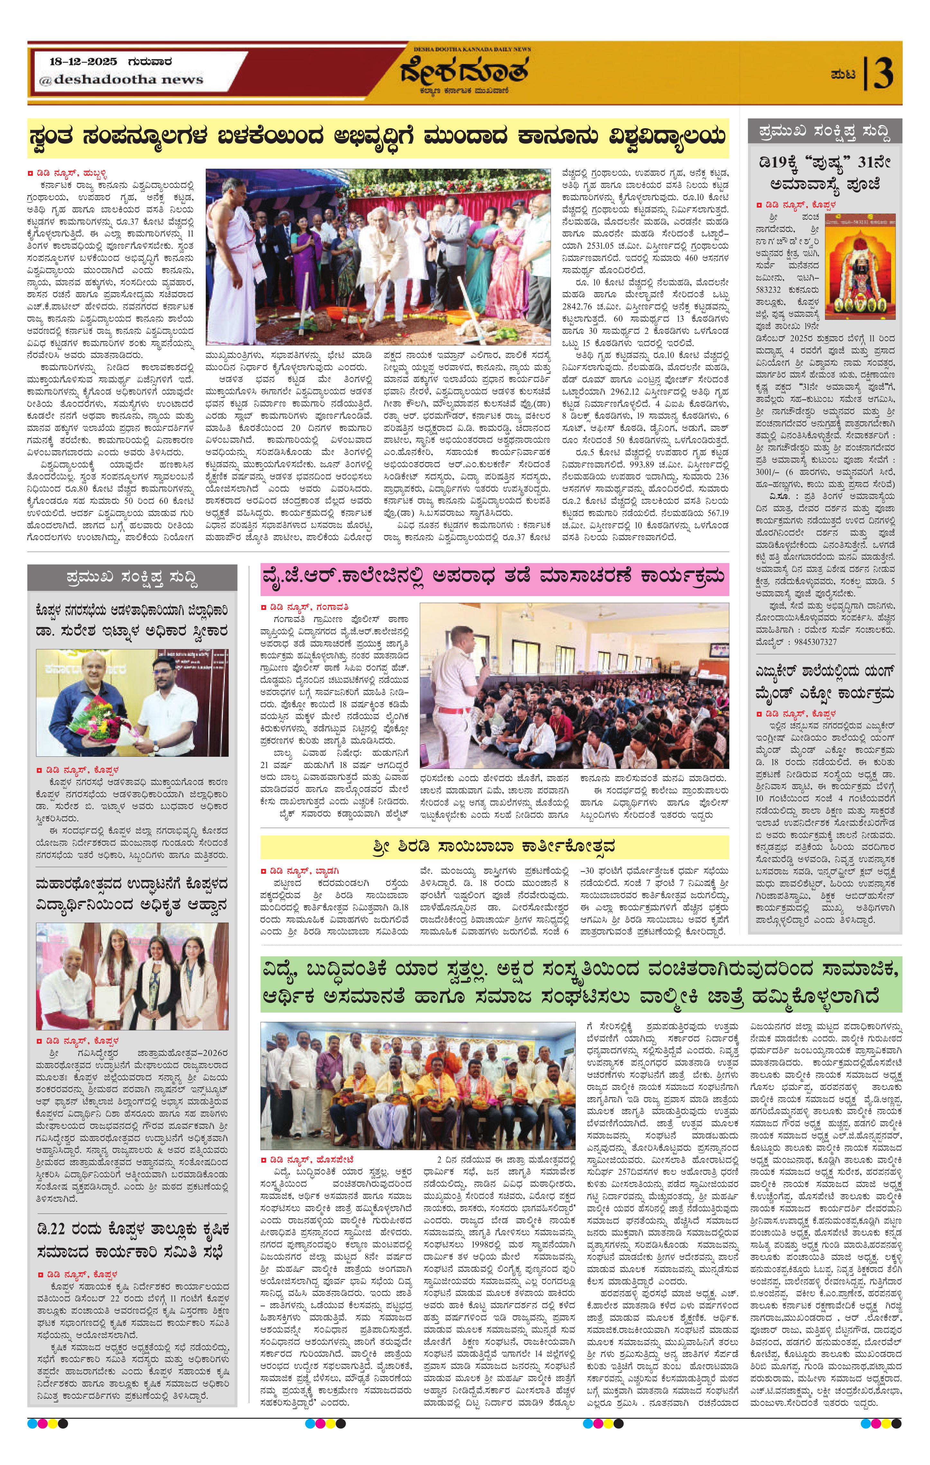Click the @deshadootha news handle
pyautogui.click(x=121, y=80)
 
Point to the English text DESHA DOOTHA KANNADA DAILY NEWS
pyautogui.click(x=472, y=49)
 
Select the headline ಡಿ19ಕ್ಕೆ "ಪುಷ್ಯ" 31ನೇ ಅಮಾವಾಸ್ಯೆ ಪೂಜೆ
pyautogui.click(x=825, y=174)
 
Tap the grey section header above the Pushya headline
pyautogui.click(x=825, y=131)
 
